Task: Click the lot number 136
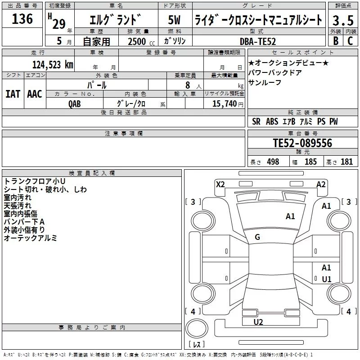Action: click(22, 19)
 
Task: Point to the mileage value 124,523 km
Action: click(53, 64)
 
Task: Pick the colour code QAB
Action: click(75, 103)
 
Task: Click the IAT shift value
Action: click(13, 94)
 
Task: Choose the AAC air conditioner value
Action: click(35, 94)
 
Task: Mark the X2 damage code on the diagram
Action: click(220, 184)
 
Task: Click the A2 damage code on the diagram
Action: click(321, 184)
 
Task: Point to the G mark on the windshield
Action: click(257, 237)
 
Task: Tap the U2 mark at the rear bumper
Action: click(258, 322)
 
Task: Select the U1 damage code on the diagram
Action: click(326, 279)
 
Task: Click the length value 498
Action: click(273, 162)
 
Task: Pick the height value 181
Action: click(346, 162)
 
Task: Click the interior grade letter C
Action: click(350, 41)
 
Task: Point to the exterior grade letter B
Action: click(335, 41)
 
